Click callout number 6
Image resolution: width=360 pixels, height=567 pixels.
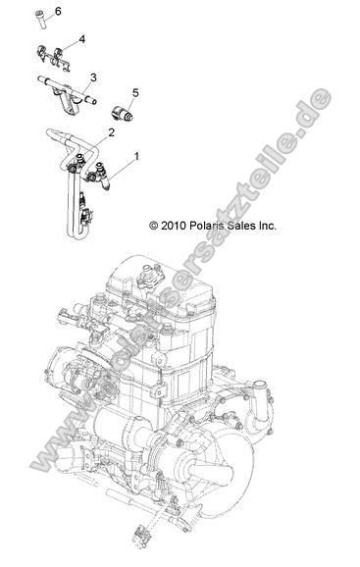point(57,11)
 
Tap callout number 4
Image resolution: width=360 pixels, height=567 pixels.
point(81,39)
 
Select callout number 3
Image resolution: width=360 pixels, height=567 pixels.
point(92,77)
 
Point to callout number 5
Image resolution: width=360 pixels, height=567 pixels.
point(135,93)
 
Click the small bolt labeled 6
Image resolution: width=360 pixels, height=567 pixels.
point(42,17)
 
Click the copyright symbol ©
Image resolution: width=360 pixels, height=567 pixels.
point(153,225)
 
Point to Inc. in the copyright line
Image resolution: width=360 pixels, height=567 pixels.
point(267,225)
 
